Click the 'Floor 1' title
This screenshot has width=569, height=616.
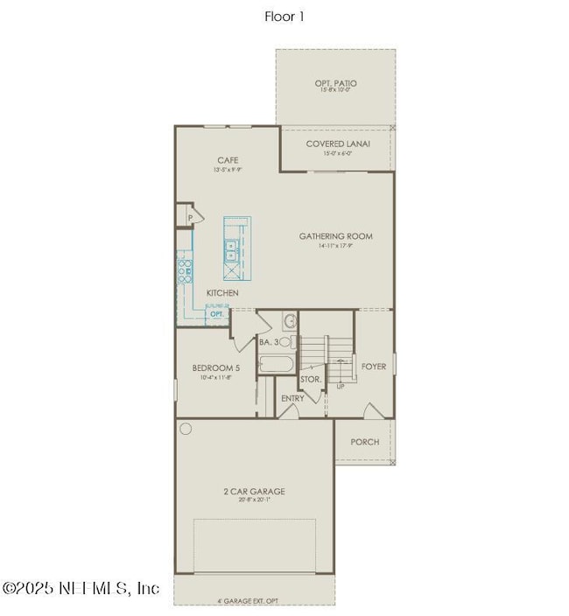[x=284, y=17]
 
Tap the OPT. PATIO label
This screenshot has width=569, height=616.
[x=335, y=84]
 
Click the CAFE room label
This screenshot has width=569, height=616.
[x=228, y=161]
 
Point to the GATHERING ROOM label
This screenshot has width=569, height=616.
[x=335, y=236]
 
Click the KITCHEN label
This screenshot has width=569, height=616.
[x=222, y=292]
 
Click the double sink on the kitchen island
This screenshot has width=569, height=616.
[x=233, y=248]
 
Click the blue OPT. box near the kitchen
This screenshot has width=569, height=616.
[x=216, y=313]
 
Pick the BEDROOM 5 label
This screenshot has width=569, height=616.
[x=215, y=367]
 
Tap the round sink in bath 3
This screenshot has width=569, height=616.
[x=290, y=321]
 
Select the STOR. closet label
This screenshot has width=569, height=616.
[x=311, y=380]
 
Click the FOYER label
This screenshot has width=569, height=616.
[x=373, y=367]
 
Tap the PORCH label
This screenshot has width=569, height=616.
[x=365, y=442]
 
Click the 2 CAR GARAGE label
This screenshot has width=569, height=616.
[x=254, y=492]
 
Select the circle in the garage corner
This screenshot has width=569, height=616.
[x=186, y=429]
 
